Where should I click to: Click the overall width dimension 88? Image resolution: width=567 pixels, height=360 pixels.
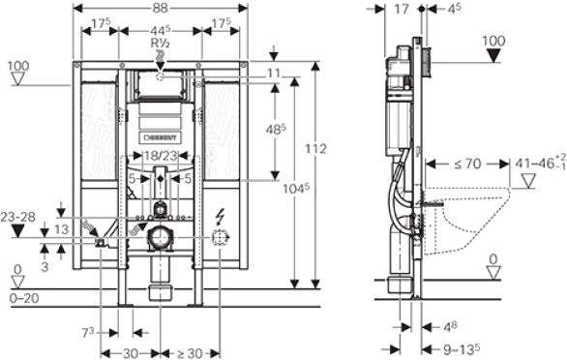[161, 9]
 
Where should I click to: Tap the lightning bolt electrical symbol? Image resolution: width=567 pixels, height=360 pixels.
[223, 215]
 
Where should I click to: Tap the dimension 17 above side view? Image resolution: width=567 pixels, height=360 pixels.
[404, 9]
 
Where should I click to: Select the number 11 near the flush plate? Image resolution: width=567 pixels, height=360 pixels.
[274, 73]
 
